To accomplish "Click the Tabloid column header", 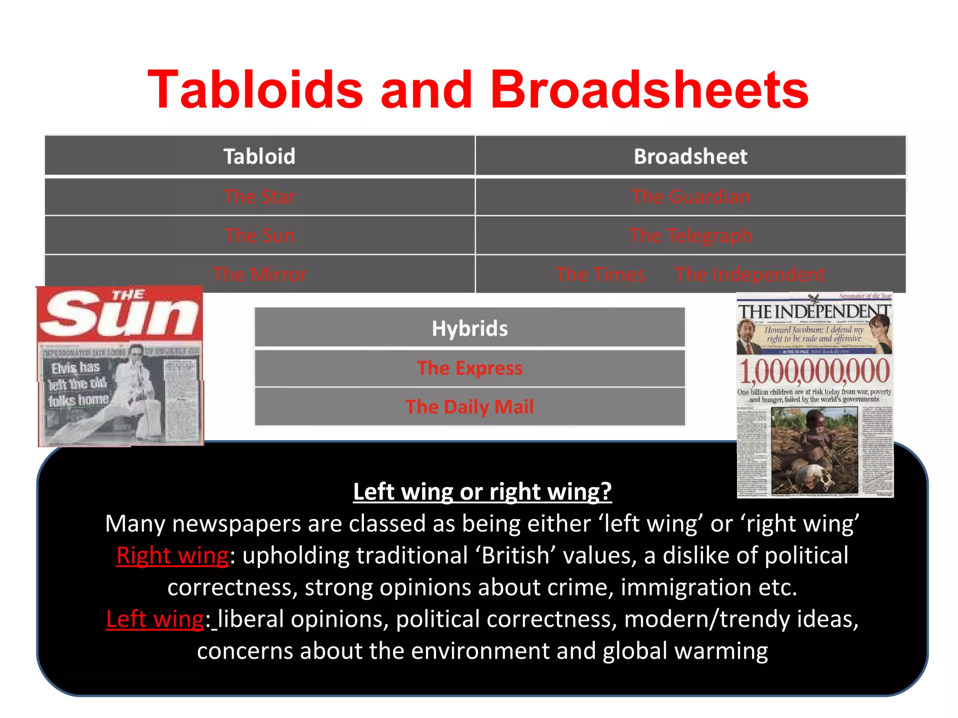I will [x=260, y=156].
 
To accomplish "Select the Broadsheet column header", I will [x=690, y=156].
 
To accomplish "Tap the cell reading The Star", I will [x=260, y=196].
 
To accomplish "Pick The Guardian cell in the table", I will [x=690, y=196].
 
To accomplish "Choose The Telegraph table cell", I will [x=690, y=235].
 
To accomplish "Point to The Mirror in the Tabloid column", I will [x=260, y=274].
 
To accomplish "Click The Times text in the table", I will [x=600, y=274].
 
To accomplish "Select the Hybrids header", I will [x=470, y=328].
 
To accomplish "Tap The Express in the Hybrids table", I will [x=470, y=368].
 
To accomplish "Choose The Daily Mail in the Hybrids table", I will [x=470, y=406].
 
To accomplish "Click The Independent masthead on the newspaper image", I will [x=814, y=312].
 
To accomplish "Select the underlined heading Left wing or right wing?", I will [x=482, y=492].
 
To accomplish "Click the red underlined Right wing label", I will [x=173, y=556].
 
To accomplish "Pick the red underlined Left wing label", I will [x=155, y=619].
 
